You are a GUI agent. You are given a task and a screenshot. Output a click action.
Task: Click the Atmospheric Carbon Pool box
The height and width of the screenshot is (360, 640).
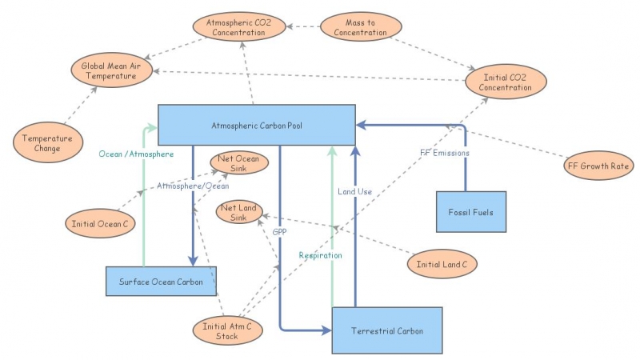[256, 126]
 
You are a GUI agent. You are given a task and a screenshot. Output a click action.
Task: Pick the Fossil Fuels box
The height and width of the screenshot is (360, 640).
[471, 212]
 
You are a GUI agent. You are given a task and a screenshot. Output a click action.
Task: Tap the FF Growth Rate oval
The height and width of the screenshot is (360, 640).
[598, 166]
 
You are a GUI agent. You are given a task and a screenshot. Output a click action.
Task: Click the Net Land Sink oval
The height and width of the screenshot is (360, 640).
[238, 214]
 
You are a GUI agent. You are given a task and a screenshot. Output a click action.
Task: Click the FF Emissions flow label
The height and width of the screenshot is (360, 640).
[445, 152]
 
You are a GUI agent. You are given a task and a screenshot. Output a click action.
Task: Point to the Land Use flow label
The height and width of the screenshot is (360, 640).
[354, 191]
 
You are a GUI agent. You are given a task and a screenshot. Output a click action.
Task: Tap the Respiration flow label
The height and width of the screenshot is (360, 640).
[320, 255]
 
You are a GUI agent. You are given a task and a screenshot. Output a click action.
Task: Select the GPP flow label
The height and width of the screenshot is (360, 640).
[279, 231]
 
